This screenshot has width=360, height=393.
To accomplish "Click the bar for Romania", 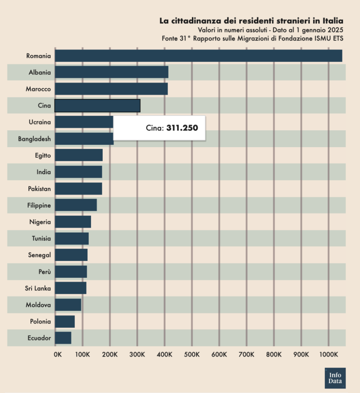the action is click(x=199, y=56).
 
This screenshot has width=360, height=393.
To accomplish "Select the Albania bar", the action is click(x=112, y=72).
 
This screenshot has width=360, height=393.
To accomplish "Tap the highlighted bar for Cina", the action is click(x=98, y=105).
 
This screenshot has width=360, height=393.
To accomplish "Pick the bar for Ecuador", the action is click(x=63, y=338).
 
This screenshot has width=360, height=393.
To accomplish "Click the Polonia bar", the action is click(x=65, y=321).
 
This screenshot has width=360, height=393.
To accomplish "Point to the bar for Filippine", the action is click(x=76, y=205).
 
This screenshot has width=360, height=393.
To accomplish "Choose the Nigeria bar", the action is click(x=73, y=222).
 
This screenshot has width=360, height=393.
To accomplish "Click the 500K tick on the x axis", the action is click(x=192, y=354).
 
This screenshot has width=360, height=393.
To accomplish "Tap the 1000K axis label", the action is click(x=329, y=354).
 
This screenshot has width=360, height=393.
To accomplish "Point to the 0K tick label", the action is click(x=58, y=354).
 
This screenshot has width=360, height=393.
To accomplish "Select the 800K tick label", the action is click(x=274, y=354).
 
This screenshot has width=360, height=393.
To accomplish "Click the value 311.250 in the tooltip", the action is click(x=182, y=128).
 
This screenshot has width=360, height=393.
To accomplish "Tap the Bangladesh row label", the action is click(x=34, y=139).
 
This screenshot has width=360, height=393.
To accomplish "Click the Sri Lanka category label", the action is click(x=38, y=288).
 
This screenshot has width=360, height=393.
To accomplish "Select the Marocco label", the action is click(x=39, y=89).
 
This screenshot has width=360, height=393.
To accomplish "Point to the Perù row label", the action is click(x=45, y=271).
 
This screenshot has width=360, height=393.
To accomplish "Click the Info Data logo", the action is click(x=335, y=378).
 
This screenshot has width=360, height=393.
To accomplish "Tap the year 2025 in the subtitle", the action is click(x=335, y=30).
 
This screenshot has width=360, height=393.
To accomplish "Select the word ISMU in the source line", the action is click(x=324, y=39).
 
